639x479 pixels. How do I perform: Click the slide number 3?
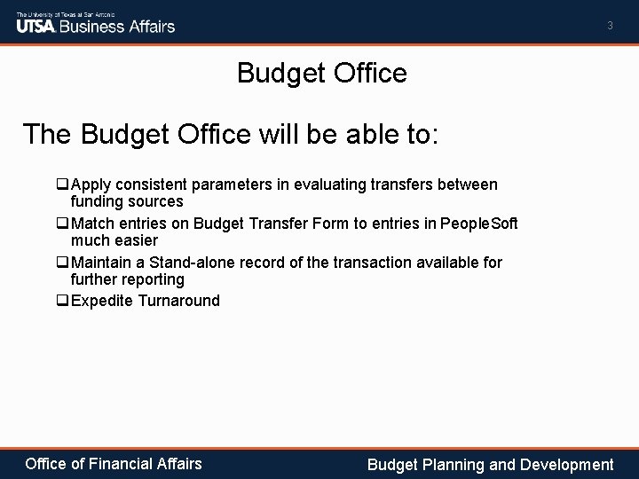point(610,26)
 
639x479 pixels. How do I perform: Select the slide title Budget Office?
point(321,73)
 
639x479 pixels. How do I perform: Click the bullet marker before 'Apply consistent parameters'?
point(62,185)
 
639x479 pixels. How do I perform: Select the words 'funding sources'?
point(127,201)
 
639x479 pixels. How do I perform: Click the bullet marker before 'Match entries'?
point(62,224)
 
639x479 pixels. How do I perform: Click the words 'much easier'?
point(114,240)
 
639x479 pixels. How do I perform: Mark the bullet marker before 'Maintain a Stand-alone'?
point(62,263)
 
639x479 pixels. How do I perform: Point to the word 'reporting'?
point(155,279)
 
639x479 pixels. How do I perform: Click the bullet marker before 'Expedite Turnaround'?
point(62,301)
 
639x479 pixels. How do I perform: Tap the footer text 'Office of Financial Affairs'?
point(114,463)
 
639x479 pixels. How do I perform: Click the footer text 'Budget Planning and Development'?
point(490,464)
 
